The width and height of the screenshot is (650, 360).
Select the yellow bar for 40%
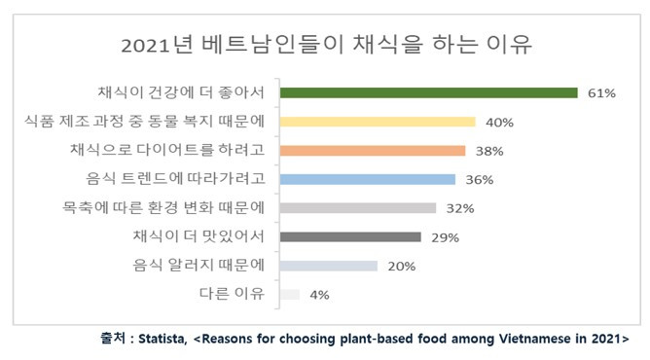pos(377,122)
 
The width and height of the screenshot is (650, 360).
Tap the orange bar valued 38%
pos(372,151)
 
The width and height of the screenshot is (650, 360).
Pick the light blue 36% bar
pos(367,179)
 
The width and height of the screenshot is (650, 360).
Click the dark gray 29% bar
pos(349,236)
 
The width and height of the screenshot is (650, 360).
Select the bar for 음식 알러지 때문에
pos(328,265)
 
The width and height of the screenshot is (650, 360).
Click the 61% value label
pos(602,93)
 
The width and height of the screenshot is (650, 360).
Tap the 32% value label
pos(460,208)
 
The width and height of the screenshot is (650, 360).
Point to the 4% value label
pos(319,294)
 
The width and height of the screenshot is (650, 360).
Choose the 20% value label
pos(401,266)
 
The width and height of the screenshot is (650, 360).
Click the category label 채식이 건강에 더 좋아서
pos(181,92)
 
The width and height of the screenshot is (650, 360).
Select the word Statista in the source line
pos(161,340)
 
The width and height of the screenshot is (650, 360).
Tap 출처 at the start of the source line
pos(112,340)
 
